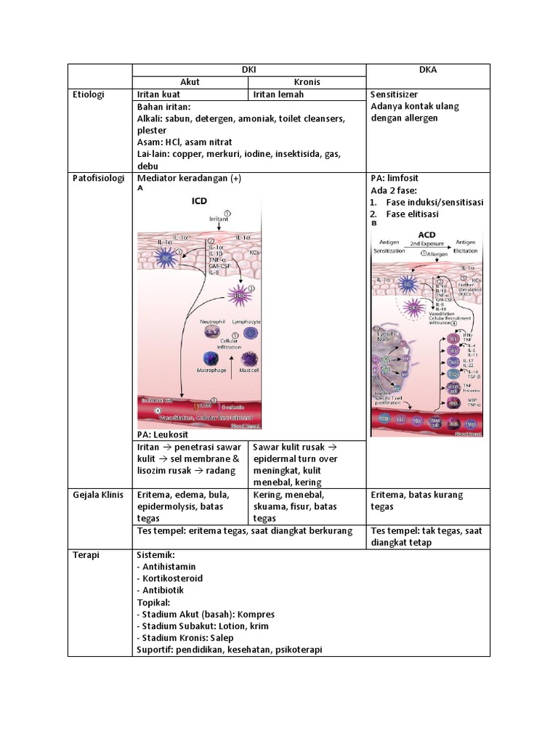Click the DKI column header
(x=248, y=70)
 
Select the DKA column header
(x=427, y=70)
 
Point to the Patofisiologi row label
(x=99, y=178)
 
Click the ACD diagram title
(x=427, y=235)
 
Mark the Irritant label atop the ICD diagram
(x=219, y=217)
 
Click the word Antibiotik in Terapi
(x=165, y=590)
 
